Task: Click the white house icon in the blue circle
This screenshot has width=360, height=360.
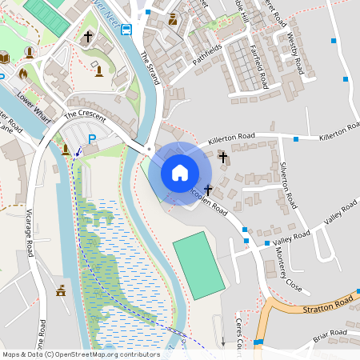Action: click(x=179, y=172)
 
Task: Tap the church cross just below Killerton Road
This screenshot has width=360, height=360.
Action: click(x=223, y=157)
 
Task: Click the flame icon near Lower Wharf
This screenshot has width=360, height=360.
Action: click(x=22, y=73)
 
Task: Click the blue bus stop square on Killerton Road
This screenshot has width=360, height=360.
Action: click(x=296, y=139)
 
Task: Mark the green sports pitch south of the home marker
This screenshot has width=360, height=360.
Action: click(x=199, y=265)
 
